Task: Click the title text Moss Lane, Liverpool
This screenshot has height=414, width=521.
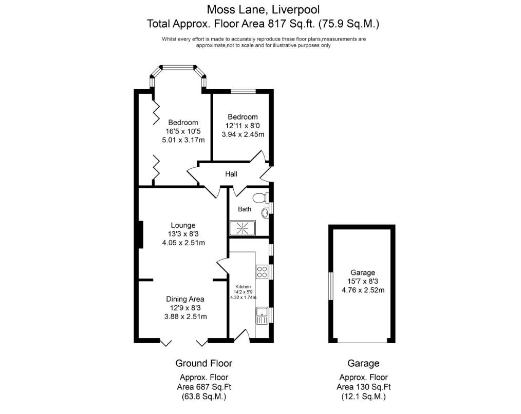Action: [263, 9]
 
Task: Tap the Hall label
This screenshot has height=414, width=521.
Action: [231, 174]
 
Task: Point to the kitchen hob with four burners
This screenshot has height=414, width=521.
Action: [261, 271]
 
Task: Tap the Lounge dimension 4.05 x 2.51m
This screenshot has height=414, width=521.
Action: [183, 243]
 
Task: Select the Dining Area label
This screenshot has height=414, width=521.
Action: [185, 299]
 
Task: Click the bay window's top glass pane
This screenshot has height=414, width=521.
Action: [177, 67]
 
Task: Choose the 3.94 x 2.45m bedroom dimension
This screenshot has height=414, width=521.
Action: [243, 135]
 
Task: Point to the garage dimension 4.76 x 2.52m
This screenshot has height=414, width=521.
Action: [363, 290]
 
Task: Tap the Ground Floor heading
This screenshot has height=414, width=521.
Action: [203, 363]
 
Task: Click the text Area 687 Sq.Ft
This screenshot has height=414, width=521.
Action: [204, 387]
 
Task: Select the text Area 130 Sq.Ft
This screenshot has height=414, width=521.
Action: [363, 387]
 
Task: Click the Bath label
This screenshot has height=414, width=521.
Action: [245, 209]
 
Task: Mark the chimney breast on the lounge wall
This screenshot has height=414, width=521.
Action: [140, 235]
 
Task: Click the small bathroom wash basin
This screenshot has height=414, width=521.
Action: [265, 213]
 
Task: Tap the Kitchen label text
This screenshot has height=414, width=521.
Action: [243, 287]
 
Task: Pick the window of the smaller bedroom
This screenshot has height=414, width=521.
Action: [240, 91]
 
